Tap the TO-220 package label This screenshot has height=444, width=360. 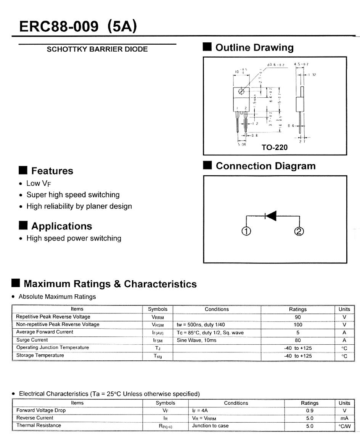[x=275, y=147]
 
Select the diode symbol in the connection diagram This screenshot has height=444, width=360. [x=271, y=216]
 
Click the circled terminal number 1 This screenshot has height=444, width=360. [x=246, y=231]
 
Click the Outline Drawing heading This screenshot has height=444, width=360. [x=254, y=48]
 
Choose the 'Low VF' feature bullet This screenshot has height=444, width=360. [x=39, y=184]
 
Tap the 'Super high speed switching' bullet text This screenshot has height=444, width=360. [x=73, y=195]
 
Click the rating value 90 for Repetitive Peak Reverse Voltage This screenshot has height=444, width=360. [x=298, y=317]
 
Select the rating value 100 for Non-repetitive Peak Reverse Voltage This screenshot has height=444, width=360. [x=298, y=325]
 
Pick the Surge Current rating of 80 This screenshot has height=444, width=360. [x=298, y=340]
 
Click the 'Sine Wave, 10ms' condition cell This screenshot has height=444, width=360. [x=196, y=340]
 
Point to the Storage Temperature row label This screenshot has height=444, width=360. [x=40, y=355]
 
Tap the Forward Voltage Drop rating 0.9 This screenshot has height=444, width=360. [x=310, y=410]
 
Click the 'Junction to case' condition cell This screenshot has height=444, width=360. [x=210, y=426]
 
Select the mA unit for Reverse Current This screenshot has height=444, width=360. [x=344, y=418]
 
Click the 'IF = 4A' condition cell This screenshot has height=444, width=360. [x=200, y=410]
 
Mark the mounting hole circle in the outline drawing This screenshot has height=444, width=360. [x=241, y=91]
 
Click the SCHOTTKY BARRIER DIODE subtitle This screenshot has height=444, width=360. [x=97, y=49]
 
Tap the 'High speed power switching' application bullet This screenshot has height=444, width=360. [x=74, y=238]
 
